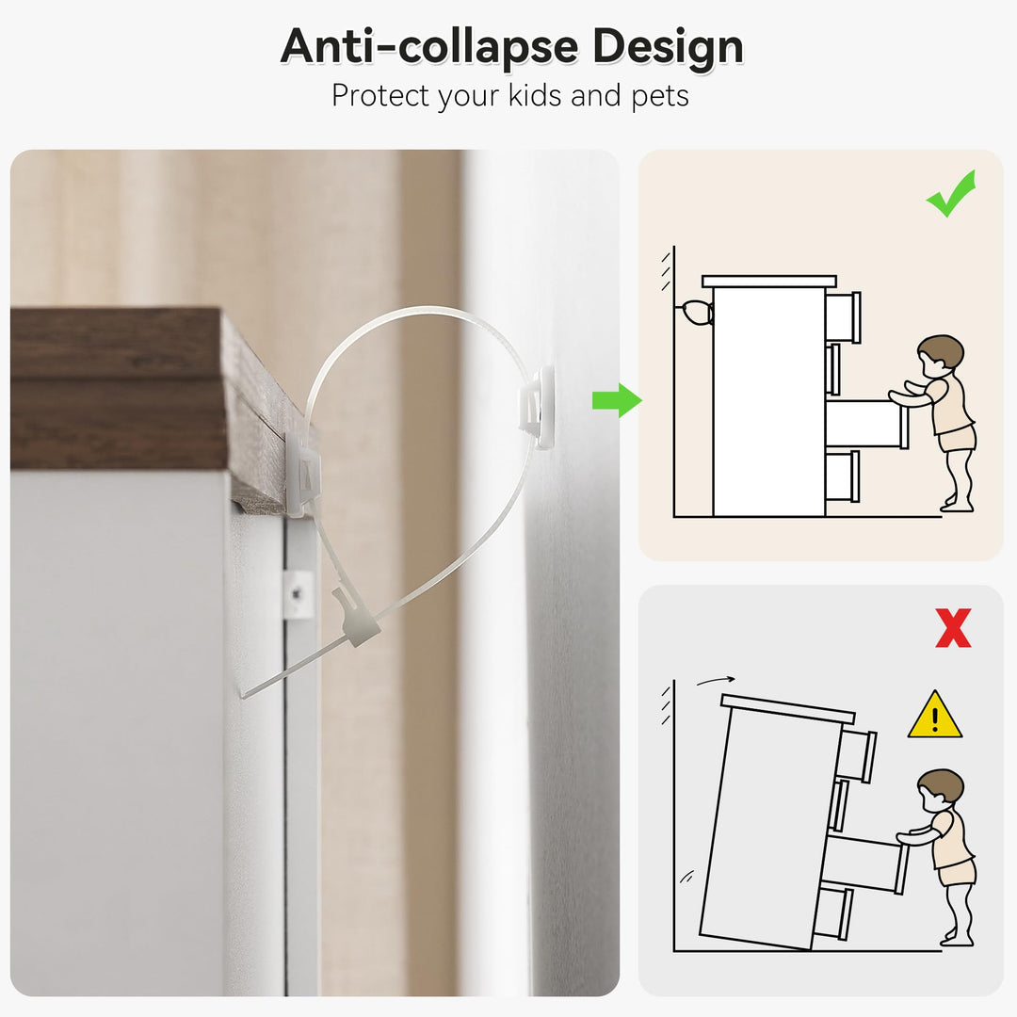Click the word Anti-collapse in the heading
click(x=428, y=46)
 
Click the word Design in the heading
click(x=668, y=47)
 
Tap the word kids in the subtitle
click(x=535, y=95)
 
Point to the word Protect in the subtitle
click(x=380, y=96)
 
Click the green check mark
click(x=951, y=193)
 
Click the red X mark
click(x=953, y=627)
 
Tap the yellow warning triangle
click(x=935, y=715)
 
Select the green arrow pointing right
click(x=617, y=400)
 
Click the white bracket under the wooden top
click(x=303, y=473)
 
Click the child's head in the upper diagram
click(x=941, y=356)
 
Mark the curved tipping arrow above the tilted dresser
click(x=716, y=680)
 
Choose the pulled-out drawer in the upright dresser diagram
click(x=866, y=424)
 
